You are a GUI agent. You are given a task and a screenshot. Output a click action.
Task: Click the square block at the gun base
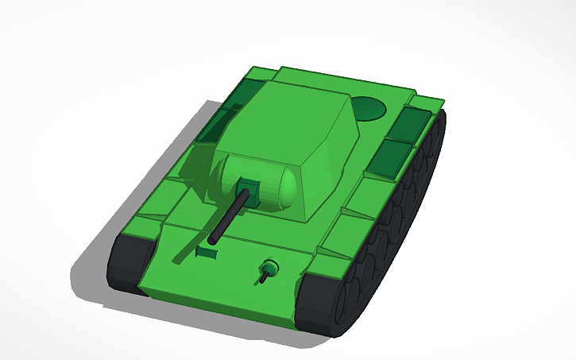click(249, 193)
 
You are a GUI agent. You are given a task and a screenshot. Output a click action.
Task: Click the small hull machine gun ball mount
click(271, 267)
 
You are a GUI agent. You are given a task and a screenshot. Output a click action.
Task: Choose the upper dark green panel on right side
click(412, 123)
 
